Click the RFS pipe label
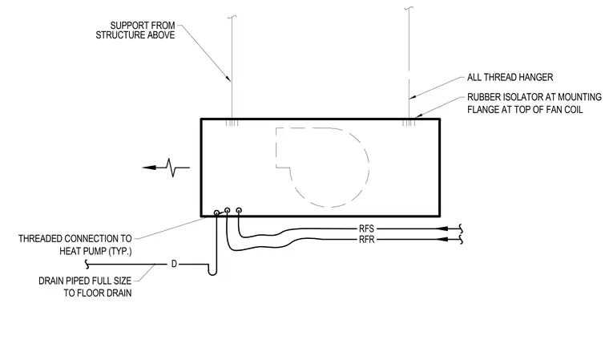point(367,229)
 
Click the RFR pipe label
point(367,240)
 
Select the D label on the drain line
point(174,265)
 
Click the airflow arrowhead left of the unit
point(149,168)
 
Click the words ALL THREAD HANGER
point(510,77)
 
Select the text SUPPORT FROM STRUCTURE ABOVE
point(135,30)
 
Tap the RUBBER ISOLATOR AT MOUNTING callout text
point(534,97)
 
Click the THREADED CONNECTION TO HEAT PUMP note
point(75,245)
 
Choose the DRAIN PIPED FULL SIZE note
point(85,281)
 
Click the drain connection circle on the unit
point(216,212)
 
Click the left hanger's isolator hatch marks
point(232,123)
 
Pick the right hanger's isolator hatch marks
point(409,123)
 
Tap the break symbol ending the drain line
point(87,265)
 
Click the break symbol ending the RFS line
point(462,229)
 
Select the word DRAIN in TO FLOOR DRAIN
point(119,293)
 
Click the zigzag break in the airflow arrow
point(172,168)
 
